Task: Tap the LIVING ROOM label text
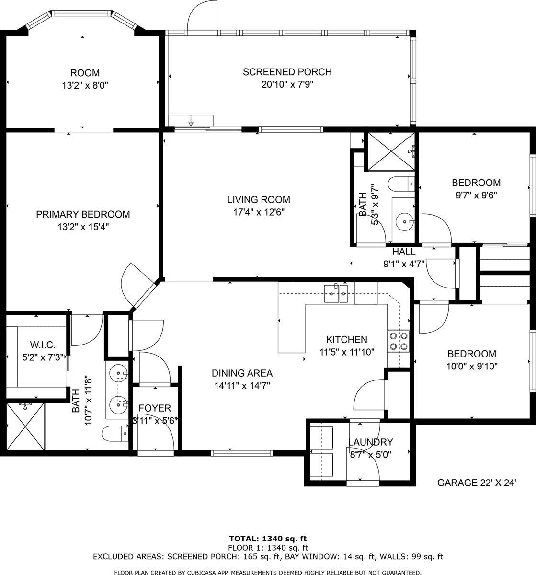258,200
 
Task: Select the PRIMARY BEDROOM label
83,214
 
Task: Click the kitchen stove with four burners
399,341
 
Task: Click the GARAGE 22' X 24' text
476,483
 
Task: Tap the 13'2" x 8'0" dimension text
85,86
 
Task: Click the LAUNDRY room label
370,442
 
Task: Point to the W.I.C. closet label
43,345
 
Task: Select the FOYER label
154,408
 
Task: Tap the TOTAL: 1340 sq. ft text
268,539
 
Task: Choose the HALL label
404,252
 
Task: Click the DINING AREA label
242,373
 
